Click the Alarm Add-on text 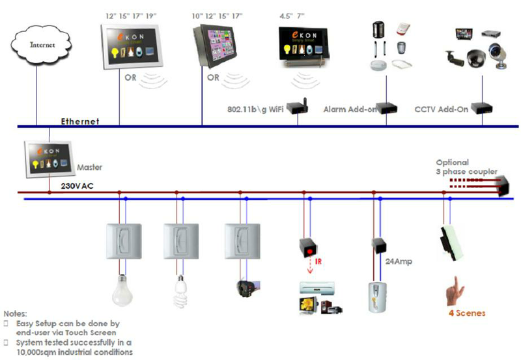(x=350, y=110)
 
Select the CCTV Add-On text (x=441, y=109)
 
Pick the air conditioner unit (x=318, y=287)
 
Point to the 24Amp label (x=398, y=262)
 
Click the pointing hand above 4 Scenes (x=457, y=290)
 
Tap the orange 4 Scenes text (x=467, y=313)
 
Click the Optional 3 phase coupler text (x=466, y=167)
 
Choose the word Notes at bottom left (x=16, y=313)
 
